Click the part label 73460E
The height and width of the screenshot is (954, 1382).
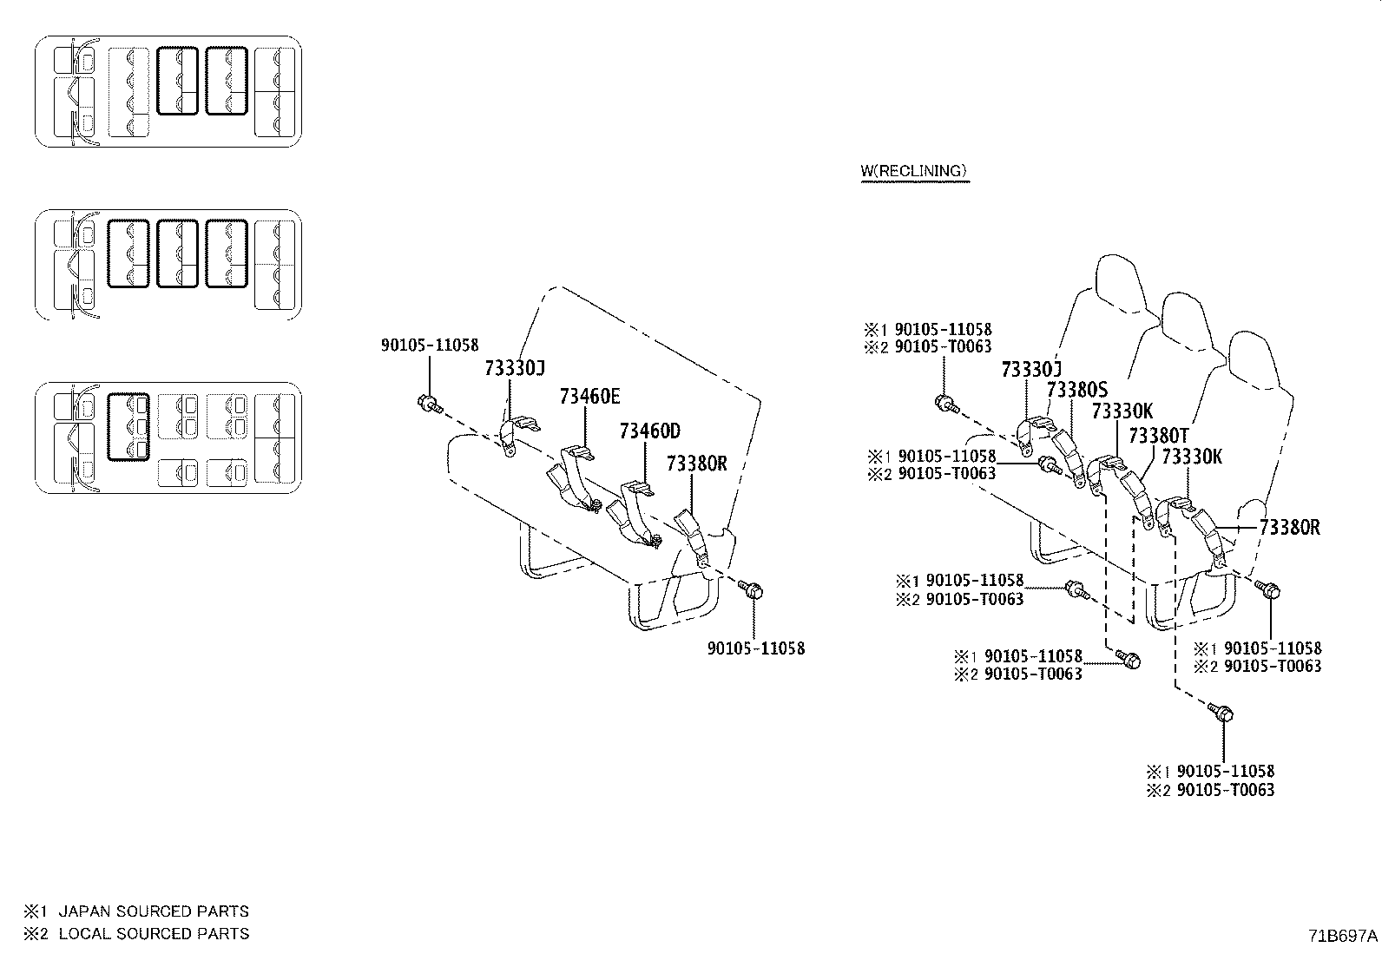(589, 397)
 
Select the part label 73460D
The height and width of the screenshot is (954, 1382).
(649, 431)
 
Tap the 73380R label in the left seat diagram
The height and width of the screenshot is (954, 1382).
(695, 464)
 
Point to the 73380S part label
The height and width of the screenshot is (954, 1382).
(1077, 390)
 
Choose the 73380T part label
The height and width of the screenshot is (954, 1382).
(1158, 435)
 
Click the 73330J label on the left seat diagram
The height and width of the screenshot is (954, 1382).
(514, 369)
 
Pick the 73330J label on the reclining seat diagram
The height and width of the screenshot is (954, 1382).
(1031, 370)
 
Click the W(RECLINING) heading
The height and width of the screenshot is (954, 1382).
(913, 171)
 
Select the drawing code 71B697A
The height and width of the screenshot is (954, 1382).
(1343, 936)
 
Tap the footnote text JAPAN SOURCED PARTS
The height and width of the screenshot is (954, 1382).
(154, 911)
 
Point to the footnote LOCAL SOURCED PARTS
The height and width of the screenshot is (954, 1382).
(154, 934)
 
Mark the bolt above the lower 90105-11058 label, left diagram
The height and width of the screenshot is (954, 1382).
(752, 590)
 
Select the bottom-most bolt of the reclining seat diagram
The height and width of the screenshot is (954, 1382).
(1220, 714)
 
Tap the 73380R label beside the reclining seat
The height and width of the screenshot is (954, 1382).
(1289, 527)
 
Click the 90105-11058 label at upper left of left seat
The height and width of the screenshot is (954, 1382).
(430, 345)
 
